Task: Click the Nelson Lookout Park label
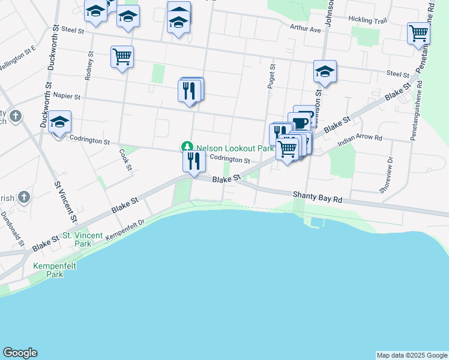pyautogui.click(x=235, y=148)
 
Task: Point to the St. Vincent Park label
pyautogui.click(x=83, y=239)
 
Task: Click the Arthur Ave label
pyautogui.click(x=306, y=28)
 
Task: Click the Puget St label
pyautogui.click(x=271, y=77)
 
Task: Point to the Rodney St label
pyautogui.click(x=89, y=65)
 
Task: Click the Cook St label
pyautogui.click(x=125, y=160)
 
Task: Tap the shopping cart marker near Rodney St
pyautogui.click(x=122, y=58)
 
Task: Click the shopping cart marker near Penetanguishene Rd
pyautogui.click(x=418, y=34)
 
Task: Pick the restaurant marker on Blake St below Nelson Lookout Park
pyautogui.click(x=193, y=161)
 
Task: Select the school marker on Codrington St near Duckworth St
pyautogui.click(x=59, y=122)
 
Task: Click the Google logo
pyautogui.click(x=20, y=353)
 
